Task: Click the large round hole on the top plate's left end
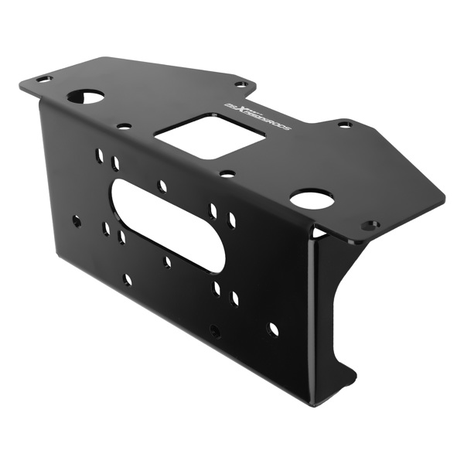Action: coord(86,97)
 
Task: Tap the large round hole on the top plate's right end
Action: coord(312,199)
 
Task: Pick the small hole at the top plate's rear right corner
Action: coord(345,124)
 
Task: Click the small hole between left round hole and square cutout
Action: coord(124,125)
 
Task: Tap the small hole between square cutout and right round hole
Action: coord(227,174)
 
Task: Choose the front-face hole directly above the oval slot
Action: coord(162,186)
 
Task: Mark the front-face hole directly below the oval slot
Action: coord(166,261)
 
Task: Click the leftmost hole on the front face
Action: coord(76,221)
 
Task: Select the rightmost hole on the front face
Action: coord(272,329)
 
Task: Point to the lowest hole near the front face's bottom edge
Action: coord(214,332)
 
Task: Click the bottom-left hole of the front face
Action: coord(128,279)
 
